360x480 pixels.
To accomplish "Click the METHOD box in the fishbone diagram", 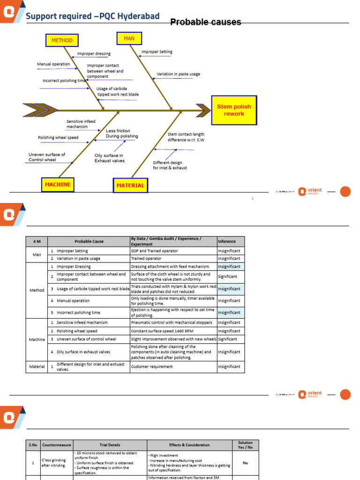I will [62, 40].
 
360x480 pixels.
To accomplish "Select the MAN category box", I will [129, 38].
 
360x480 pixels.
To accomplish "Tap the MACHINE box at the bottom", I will [58, 185].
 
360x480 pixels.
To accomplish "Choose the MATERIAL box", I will [130, 186].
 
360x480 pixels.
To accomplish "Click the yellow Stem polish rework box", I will [234, 110].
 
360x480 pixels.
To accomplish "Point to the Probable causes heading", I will [205, 22].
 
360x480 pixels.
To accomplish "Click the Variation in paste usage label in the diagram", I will [178, 74].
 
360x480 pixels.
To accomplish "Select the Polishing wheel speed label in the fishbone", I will [58, 138].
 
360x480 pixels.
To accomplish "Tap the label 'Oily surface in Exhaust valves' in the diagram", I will [109, 158].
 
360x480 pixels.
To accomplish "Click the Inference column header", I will [227, 241].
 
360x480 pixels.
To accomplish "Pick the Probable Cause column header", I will [89, 241].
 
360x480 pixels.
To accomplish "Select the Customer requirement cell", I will [152, 367].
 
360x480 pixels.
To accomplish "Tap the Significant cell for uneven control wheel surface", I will [227, 339].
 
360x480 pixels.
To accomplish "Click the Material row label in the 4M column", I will [37, 367].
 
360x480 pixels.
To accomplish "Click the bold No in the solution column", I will [245, 463].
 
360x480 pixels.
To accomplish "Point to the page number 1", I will [252, 199].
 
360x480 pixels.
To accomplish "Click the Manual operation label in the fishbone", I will [53, 64].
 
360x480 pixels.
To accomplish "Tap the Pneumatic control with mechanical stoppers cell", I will [172, 322].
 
